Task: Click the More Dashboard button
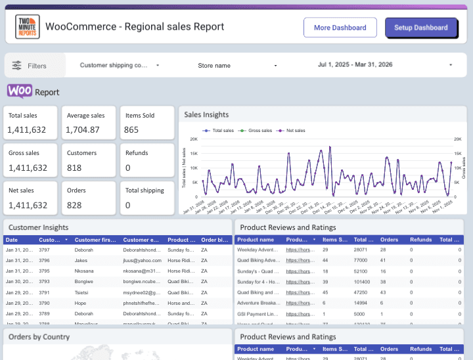tap(340, 28)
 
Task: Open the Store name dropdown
tap(237, 66)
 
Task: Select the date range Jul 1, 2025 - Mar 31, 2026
tap(385, 65)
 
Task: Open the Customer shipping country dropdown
tap(119, 66)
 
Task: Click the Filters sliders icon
tap(17, 66)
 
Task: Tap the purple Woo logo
tap(20, 91)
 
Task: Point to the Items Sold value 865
tap(131, 130)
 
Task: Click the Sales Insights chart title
tap(206, 114)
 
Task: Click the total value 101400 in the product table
tap(363, 281)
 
